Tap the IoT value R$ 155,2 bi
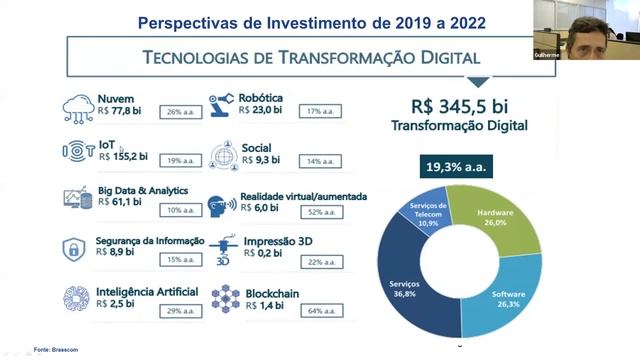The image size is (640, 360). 123,156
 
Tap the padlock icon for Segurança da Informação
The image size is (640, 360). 73,250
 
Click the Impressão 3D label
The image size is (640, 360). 275,240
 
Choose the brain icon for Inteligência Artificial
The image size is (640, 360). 77,298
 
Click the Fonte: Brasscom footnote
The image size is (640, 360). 56,349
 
